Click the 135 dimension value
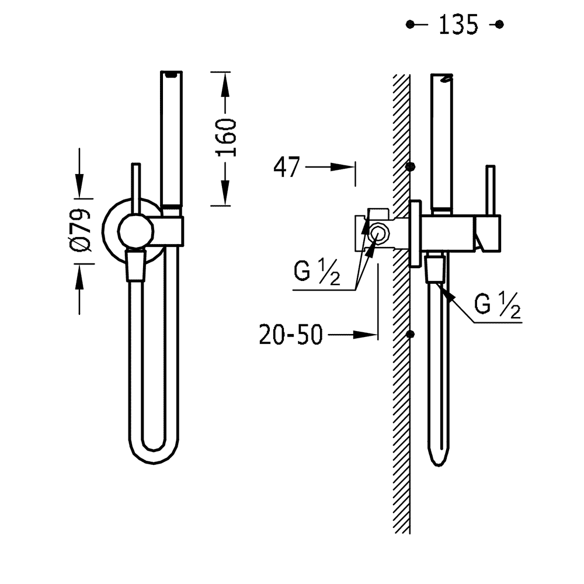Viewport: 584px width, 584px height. (x=458, y=25)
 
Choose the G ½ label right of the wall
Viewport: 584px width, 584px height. (x=497, y=305)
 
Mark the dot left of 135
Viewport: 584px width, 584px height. (x=411, y=25)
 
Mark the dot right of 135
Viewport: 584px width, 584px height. (x=499, y=25)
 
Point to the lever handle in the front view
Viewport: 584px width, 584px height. (x=136, y=187)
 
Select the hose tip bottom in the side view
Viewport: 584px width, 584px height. (x=439, y=461)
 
